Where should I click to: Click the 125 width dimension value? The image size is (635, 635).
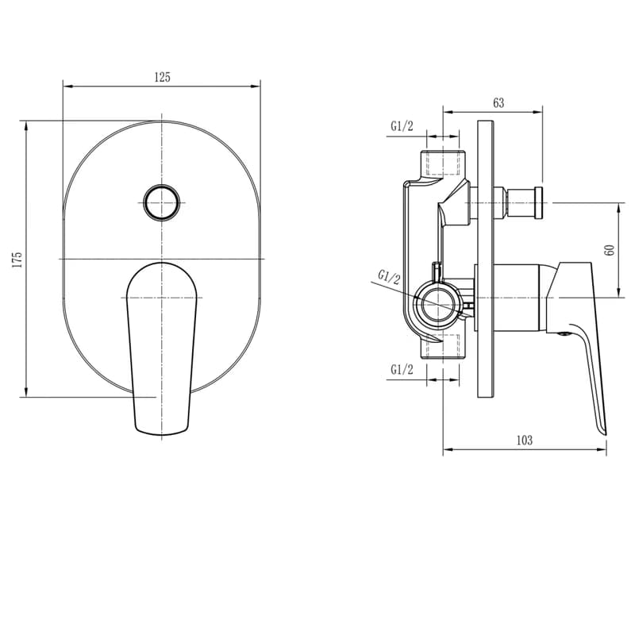[x=163, y=77]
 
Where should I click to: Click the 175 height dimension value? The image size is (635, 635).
[x=17, y=260]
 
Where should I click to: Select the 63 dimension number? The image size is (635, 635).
[x=498, y=103]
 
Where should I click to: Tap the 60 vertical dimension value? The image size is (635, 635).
[x=610, y=250]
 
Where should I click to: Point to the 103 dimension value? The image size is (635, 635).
[x=525, y=440]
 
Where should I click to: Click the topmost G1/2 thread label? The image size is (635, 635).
[x=402, y=126]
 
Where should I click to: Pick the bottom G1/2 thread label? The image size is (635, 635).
[x=402, y=369]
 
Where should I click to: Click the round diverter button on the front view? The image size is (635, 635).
[x=162, y=202]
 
